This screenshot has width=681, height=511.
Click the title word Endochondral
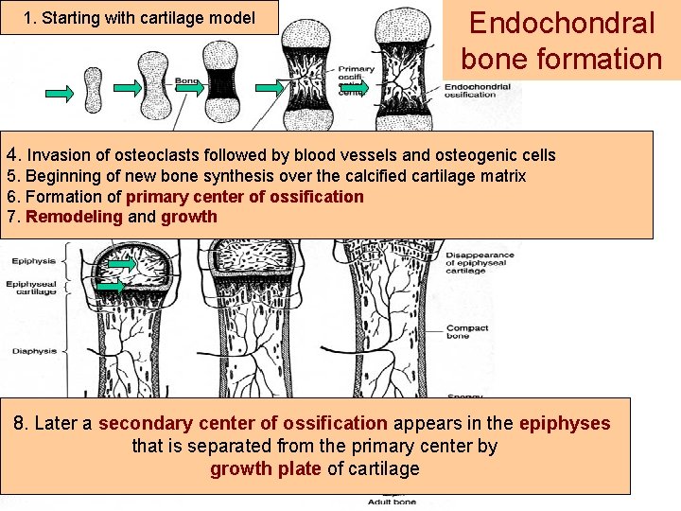(x=562, y=23)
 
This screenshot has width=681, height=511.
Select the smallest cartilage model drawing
(x=93, y=89)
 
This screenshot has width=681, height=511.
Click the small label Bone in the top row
(x=186, y=81)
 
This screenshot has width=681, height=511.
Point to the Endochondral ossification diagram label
(x=477, y=92)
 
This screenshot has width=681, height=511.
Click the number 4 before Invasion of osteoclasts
(x=11, y=154)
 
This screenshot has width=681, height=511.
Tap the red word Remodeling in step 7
(x=74, y=217)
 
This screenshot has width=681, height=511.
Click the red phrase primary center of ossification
(x=244, y=197)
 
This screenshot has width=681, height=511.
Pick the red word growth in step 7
(x=189, y=217)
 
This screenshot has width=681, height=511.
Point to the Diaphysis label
(x=34, y=351)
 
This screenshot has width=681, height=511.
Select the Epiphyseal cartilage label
(x=32, y=288)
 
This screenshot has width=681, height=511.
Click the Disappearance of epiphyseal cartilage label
(x=480, y=262)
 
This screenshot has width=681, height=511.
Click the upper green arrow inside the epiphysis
(x=121, y=263)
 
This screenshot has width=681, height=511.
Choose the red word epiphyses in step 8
(x=565, y=424)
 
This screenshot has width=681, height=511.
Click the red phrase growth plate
(x=265, y=468)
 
